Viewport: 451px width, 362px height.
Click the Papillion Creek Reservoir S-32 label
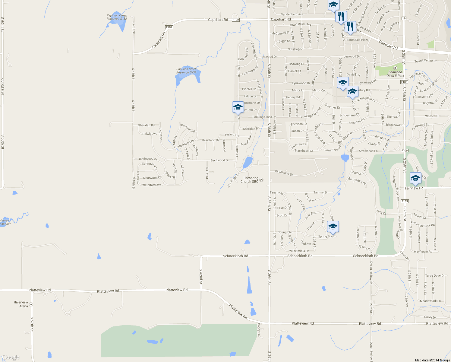point(117,17)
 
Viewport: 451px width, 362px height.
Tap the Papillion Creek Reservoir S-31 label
point(186,71)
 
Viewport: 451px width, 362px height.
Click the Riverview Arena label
point(21,304)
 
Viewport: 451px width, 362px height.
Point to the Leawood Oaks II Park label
point(395,74)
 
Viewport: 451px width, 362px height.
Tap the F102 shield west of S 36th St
point(236,20)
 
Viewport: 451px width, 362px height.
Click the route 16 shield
point(404,18)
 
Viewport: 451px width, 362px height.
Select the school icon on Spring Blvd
point(333,227)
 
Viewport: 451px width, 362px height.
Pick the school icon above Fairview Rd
point(415,178)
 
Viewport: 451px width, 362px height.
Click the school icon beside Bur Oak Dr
point(238,107)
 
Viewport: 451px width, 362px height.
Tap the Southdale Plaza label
point(357,40)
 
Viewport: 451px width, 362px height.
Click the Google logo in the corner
point(11,357)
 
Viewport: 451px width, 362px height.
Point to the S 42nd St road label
point(201,276)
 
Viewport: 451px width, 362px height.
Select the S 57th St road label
point(32,324)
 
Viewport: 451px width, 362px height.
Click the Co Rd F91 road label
point(2,87)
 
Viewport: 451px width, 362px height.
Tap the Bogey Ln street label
point(259,329)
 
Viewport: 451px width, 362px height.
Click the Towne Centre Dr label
point(425,61)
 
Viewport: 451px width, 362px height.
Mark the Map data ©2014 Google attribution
point(432,360)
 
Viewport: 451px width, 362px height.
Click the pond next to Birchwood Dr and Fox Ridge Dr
point(247,162)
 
